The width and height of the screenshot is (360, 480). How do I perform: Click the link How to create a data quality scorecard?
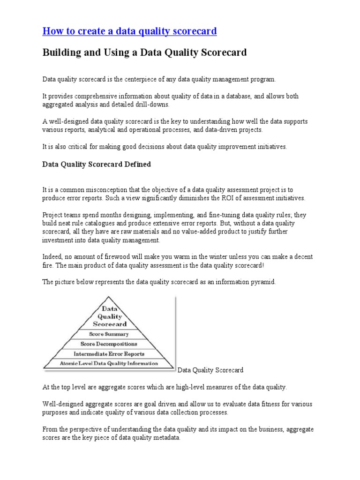[129, 31]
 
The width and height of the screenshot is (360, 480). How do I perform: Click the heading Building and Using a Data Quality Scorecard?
[144, 52]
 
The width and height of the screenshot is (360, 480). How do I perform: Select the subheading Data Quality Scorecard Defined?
[97, 165]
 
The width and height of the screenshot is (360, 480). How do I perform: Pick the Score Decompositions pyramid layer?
[109, 344]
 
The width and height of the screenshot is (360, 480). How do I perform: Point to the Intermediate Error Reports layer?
[109, 354]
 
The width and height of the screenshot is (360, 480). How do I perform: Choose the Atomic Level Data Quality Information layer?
[109, 363]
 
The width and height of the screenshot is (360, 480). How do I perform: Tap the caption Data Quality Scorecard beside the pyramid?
[210, 370]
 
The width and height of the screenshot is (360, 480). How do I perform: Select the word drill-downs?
[150, 104]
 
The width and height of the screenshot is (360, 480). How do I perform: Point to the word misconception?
[110, 190]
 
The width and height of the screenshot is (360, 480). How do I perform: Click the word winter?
[219, 257]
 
